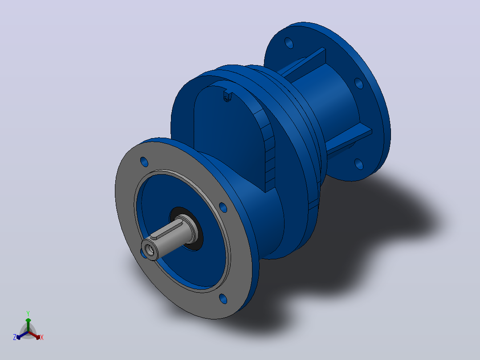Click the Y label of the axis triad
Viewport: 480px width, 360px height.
click(x=28, y=313)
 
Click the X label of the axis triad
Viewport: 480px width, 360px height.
click(x=42, y=337)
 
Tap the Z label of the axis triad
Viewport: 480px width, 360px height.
click(x=15, y=337)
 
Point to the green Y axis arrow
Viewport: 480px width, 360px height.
click(x=28, y=324)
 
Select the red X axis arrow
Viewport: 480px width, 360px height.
click(x=35, y=335)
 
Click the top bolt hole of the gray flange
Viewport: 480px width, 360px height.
click(x=144, y=162)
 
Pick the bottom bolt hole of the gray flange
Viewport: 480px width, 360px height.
click(x=223, y=299)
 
